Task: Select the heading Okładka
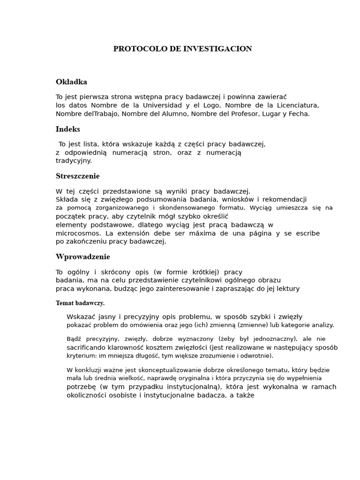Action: point(71,82)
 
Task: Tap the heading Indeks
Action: point(68,129)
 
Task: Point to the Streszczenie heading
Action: point(78,176)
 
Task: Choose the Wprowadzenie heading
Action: point(83,257)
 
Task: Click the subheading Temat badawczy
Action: point(80,303)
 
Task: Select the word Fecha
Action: point(299,113)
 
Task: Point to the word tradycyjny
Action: point(74,160)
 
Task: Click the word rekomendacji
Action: point(285,199)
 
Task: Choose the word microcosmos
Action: point(78,233)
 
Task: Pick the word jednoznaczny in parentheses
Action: point(273,338)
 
